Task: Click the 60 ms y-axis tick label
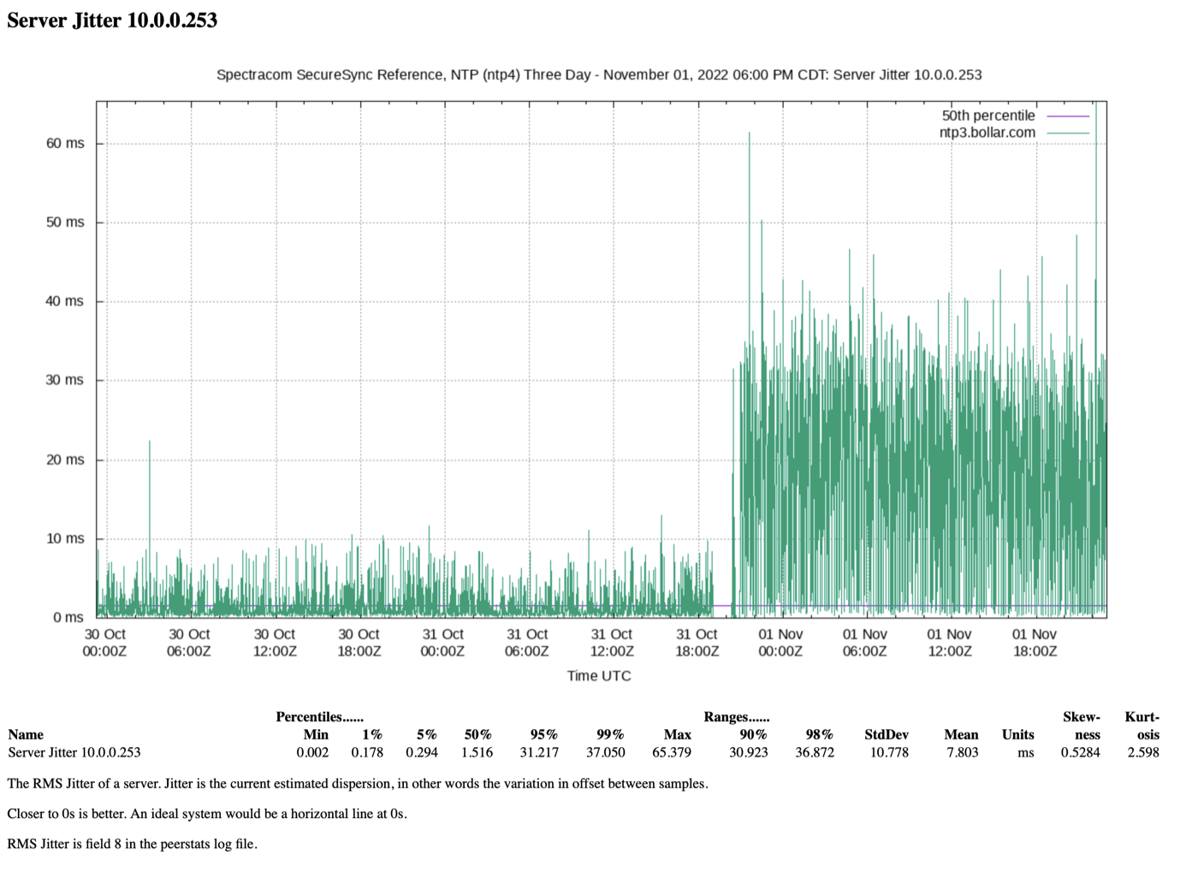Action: [65, 144]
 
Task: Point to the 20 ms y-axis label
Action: [65, 460]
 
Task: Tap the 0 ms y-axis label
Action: [68, 617]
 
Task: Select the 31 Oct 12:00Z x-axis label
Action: [612, 643]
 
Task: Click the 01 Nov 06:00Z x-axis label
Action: [865, 643]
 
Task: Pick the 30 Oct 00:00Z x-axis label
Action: [104, 643]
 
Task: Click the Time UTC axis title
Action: [599, 676]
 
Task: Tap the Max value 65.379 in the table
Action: [672, 752]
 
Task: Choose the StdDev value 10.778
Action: [889, 752]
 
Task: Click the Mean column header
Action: [961, 734]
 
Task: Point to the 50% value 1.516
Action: [477, 752]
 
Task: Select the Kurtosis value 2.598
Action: [1143, 752]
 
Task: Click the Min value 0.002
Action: [313, 752]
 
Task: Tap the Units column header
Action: [1017, 734]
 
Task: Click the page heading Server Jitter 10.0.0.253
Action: [112, 21]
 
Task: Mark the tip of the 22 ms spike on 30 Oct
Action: [150, 441]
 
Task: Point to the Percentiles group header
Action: [320, 717]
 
